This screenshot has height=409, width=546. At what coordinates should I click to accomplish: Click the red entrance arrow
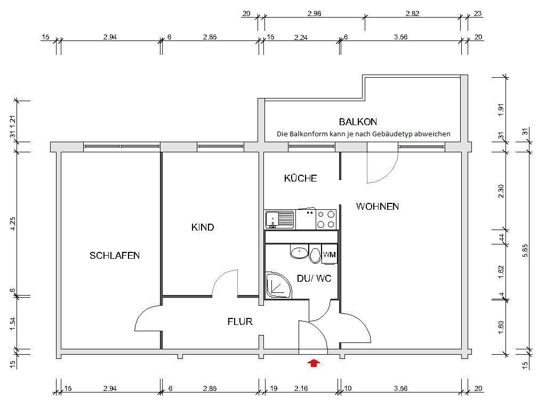(x=314, y=363)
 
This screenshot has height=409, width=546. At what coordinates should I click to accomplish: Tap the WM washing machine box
(x=330, y=255)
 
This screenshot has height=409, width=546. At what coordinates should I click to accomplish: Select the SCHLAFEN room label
(x=115, y=256)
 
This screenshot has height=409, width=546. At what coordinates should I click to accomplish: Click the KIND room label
(x=203, y=227)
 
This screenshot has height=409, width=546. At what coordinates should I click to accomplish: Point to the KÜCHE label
(x=300, y=178)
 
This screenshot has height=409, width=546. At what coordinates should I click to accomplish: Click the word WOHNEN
(x=378, y=207)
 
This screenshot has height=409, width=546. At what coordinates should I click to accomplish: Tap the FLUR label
(x=240, y=322)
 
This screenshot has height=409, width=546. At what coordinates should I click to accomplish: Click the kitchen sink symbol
(x=279, y=219)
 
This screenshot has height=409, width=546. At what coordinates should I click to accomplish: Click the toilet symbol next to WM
(x=315, y=256)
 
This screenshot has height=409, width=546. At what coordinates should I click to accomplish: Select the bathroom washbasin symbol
(x=300, y=252)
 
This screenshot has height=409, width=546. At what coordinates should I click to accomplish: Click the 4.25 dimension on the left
(x=13, y=224)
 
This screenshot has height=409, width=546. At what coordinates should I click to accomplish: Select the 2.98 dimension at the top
(x=315, y=14)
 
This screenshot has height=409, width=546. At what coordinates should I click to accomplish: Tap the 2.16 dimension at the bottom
(x=301, y=389)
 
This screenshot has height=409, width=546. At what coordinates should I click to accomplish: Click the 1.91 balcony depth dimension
(x=500, y=109)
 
